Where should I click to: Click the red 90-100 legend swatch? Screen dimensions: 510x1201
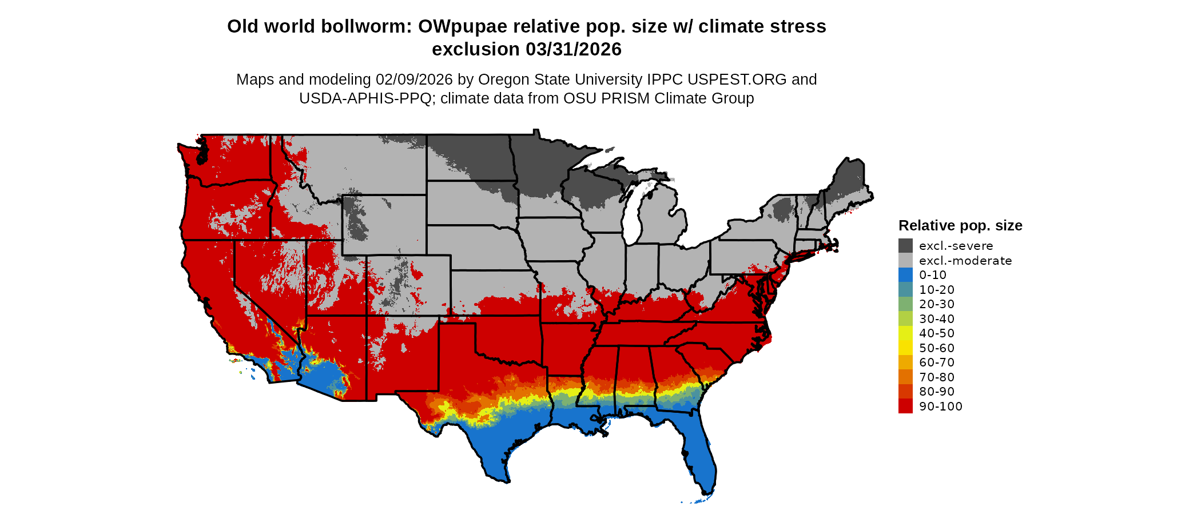click(x=905, y=406)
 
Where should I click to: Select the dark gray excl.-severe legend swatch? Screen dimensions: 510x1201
click(x=905, y=246)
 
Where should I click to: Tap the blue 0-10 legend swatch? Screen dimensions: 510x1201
click(x=905, y=275)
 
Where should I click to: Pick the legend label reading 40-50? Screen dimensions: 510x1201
click(x=937, y=333)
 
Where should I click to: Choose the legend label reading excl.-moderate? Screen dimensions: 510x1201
click(x=965, y=261)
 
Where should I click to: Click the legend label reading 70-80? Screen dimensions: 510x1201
click(x=937, y=377)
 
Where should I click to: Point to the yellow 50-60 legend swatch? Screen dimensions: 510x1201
click(x=905, y=348)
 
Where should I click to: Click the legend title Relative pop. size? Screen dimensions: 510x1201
click(x=960, y=225)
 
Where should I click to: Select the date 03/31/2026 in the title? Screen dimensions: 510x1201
click(x=574, y=49)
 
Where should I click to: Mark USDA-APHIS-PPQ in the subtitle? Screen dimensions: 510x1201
click(x=365, y=98)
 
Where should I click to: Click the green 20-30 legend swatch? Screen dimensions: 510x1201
click(x=905, y=304)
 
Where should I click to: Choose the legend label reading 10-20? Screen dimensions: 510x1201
click(x=937, y=290)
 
